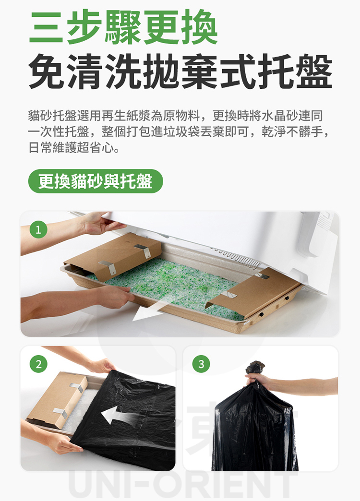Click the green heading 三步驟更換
(x=123, y=27)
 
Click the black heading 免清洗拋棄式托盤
(x=180, y=71)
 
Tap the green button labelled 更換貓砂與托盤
(x=96, y=181)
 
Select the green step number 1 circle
(x=38, y=230)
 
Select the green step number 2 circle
(x=38, y=364)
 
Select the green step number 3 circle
(x=201, y=364)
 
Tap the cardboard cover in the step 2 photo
(x=58, y=399)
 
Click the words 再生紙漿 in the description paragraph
(x=126, y=116)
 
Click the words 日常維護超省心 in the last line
(x=72, y=148)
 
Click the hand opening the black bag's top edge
(x=102, y=366)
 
